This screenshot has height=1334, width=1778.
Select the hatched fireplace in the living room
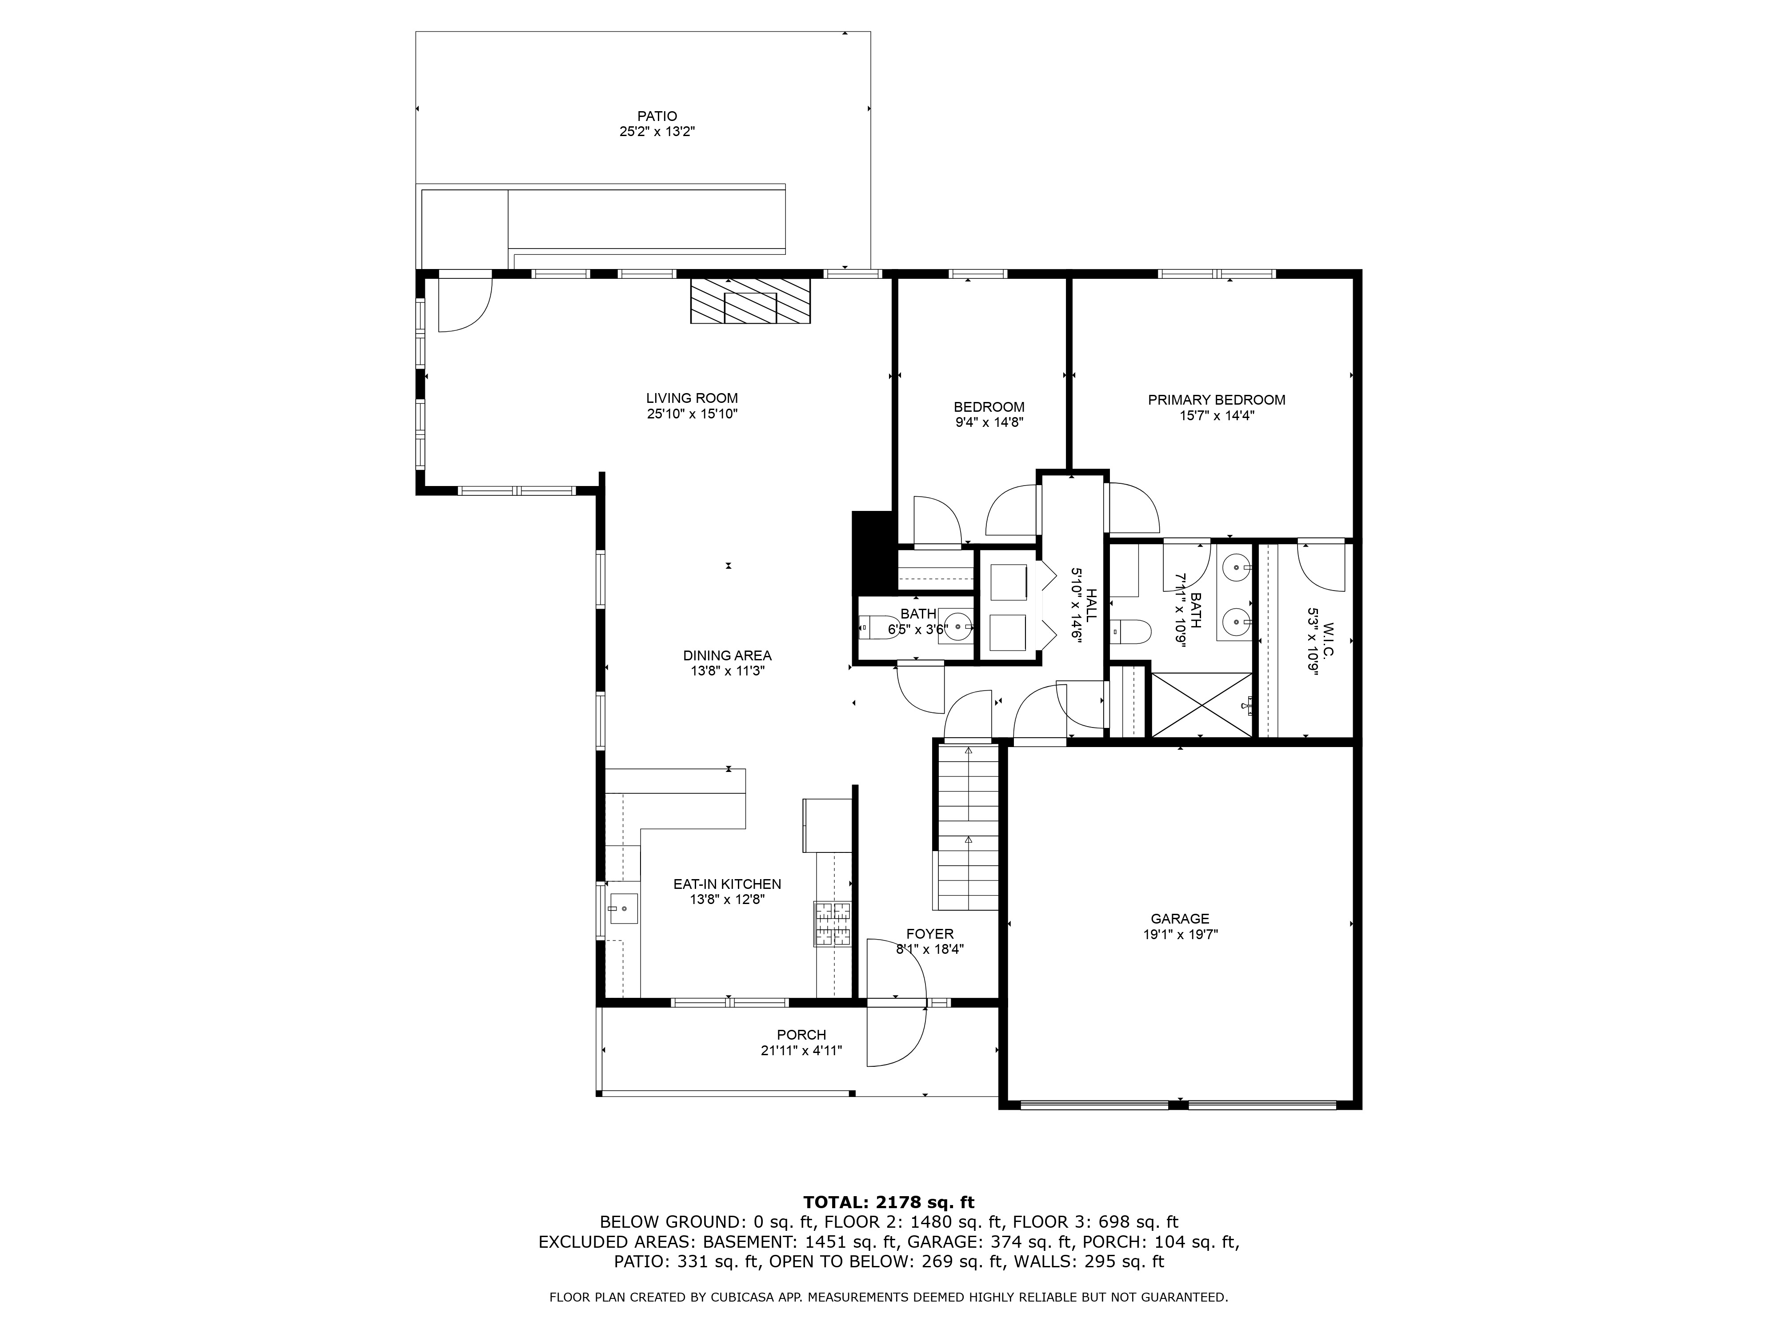[750, 301]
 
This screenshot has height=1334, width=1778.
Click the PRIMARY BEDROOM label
[1216, 400]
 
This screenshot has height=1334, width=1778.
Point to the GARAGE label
[1179, 918]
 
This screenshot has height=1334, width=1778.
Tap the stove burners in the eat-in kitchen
[833, 923]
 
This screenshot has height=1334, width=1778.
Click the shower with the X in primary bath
[1201, 704]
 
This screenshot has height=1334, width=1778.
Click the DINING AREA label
[727, 655]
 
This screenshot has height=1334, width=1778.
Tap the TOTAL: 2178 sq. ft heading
[888, 1225]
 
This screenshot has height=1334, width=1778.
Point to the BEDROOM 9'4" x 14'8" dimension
[989, 422]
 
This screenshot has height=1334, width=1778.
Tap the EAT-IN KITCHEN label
[727, 884]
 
